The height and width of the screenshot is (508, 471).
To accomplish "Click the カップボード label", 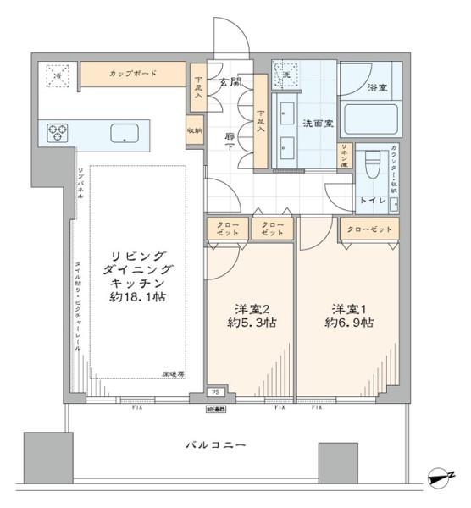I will pos(132,74).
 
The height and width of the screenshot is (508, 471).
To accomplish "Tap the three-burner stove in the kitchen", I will pos(57,131).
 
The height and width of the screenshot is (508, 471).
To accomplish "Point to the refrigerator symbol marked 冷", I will pos(58,74).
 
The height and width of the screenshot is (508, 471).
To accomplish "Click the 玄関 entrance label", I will pos(230,82).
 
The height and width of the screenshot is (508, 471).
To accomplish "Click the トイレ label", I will pos(374,201).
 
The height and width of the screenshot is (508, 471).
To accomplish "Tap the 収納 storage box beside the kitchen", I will pos(194,131).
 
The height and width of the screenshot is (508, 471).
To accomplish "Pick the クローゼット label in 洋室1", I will pos(369,229).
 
